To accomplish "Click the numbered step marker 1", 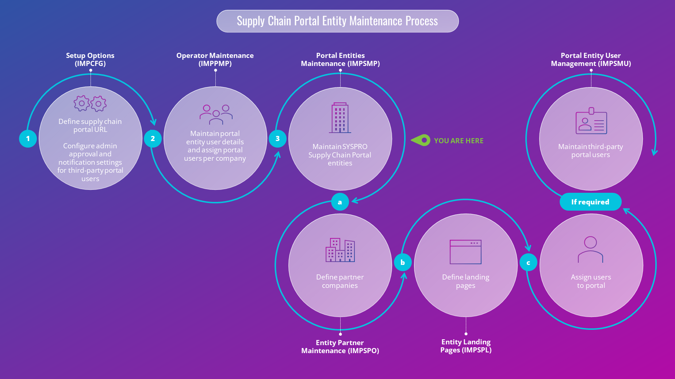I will [x=28, y=139].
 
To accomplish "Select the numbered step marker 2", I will [x=153, y=139].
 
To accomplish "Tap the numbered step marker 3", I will [x=277, y=139].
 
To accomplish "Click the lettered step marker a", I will [x=340, y=202].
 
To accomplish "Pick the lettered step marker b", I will [x=403, y=262].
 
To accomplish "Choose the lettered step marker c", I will [x=528, y=263].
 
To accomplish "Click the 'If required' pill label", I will [x=590, y=202].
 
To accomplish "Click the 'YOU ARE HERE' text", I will [x=459, y=141].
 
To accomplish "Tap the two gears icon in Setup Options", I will [x=90, y=103].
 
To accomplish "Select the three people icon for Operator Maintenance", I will [x=216, y=114].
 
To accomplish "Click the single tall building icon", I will [x=340, y=118].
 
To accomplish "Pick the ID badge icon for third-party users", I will [x=591, y=121].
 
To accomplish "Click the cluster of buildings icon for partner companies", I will [x=340, y=250].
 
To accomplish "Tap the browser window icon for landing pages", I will [x=465, y=252].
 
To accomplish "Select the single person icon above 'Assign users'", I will [x=590, y=250].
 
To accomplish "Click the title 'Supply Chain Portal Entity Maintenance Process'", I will [x=337, y=21].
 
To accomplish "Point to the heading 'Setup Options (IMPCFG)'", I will [x=90, y=59].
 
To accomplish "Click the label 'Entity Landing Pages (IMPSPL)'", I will [x=466, y=346].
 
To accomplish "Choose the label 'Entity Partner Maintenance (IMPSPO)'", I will [x=340, y=347].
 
